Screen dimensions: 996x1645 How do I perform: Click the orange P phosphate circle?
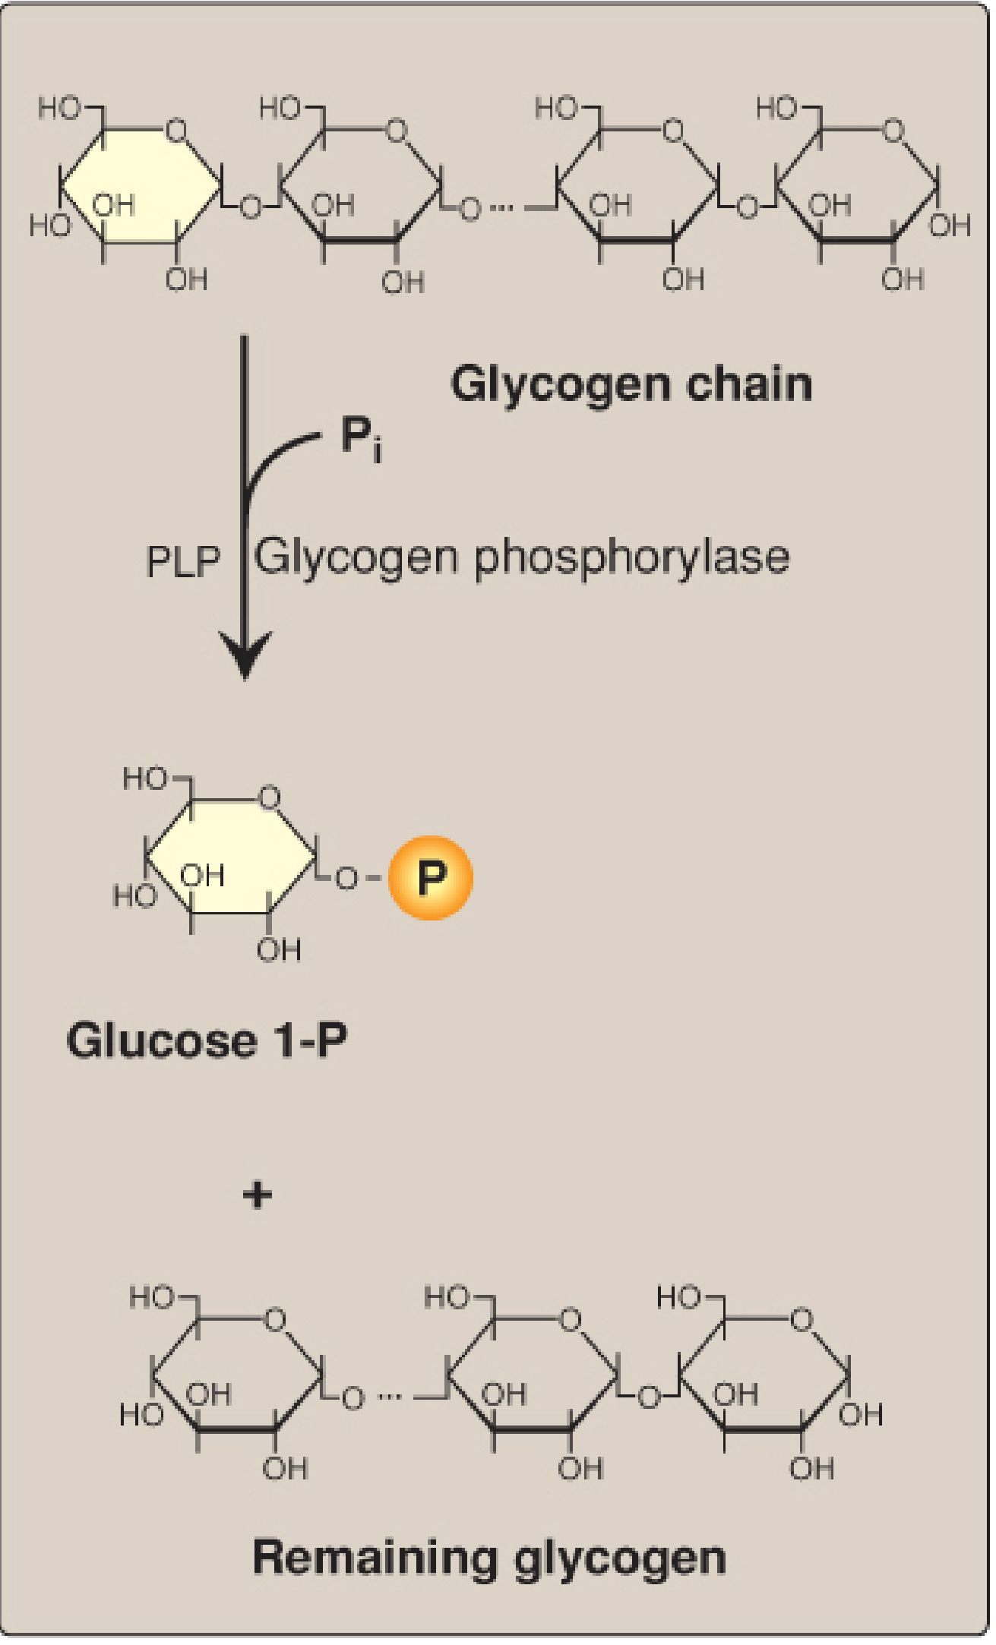(x=431, y=878)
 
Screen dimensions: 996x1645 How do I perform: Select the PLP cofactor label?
(x=183, y=563)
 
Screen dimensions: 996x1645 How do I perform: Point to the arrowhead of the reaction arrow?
(x=245, y=657)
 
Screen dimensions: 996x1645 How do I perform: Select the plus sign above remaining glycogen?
(x=258, y=1195)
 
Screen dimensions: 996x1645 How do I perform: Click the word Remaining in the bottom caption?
(x=375, y=1556)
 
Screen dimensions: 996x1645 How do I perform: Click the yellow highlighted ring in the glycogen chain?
(x=141, y=185)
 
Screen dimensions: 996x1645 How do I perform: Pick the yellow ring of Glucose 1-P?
(x=230, y=856)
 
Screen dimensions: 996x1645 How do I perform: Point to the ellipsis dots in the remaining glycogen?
(x=389, y=1396)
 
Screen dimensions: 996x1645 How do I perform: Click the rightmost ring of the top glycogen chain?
(x=857, y=185)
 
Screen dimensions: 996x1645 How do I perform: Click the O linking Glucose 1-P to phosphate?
(x=346, y=879)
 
